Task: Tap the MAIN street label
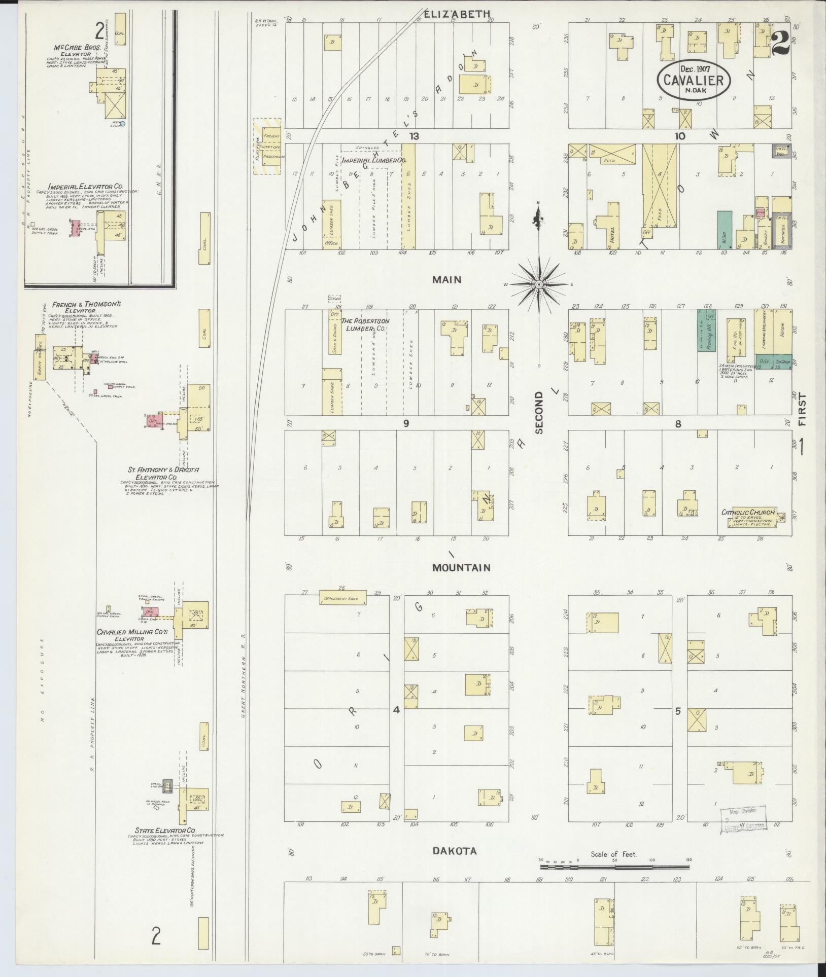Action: tap(446, 279)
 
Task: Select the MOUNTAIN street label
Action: tap(461, 567)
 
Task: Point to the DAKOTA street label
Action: tap(454, 851)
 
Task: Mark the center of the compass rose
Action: tap(538, 285)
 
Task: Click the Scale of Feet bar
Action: tap(614, 867)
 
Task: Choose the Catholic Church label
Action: tap(748, 513)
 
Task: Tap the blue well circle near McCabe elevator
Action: tap(122, 123)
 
